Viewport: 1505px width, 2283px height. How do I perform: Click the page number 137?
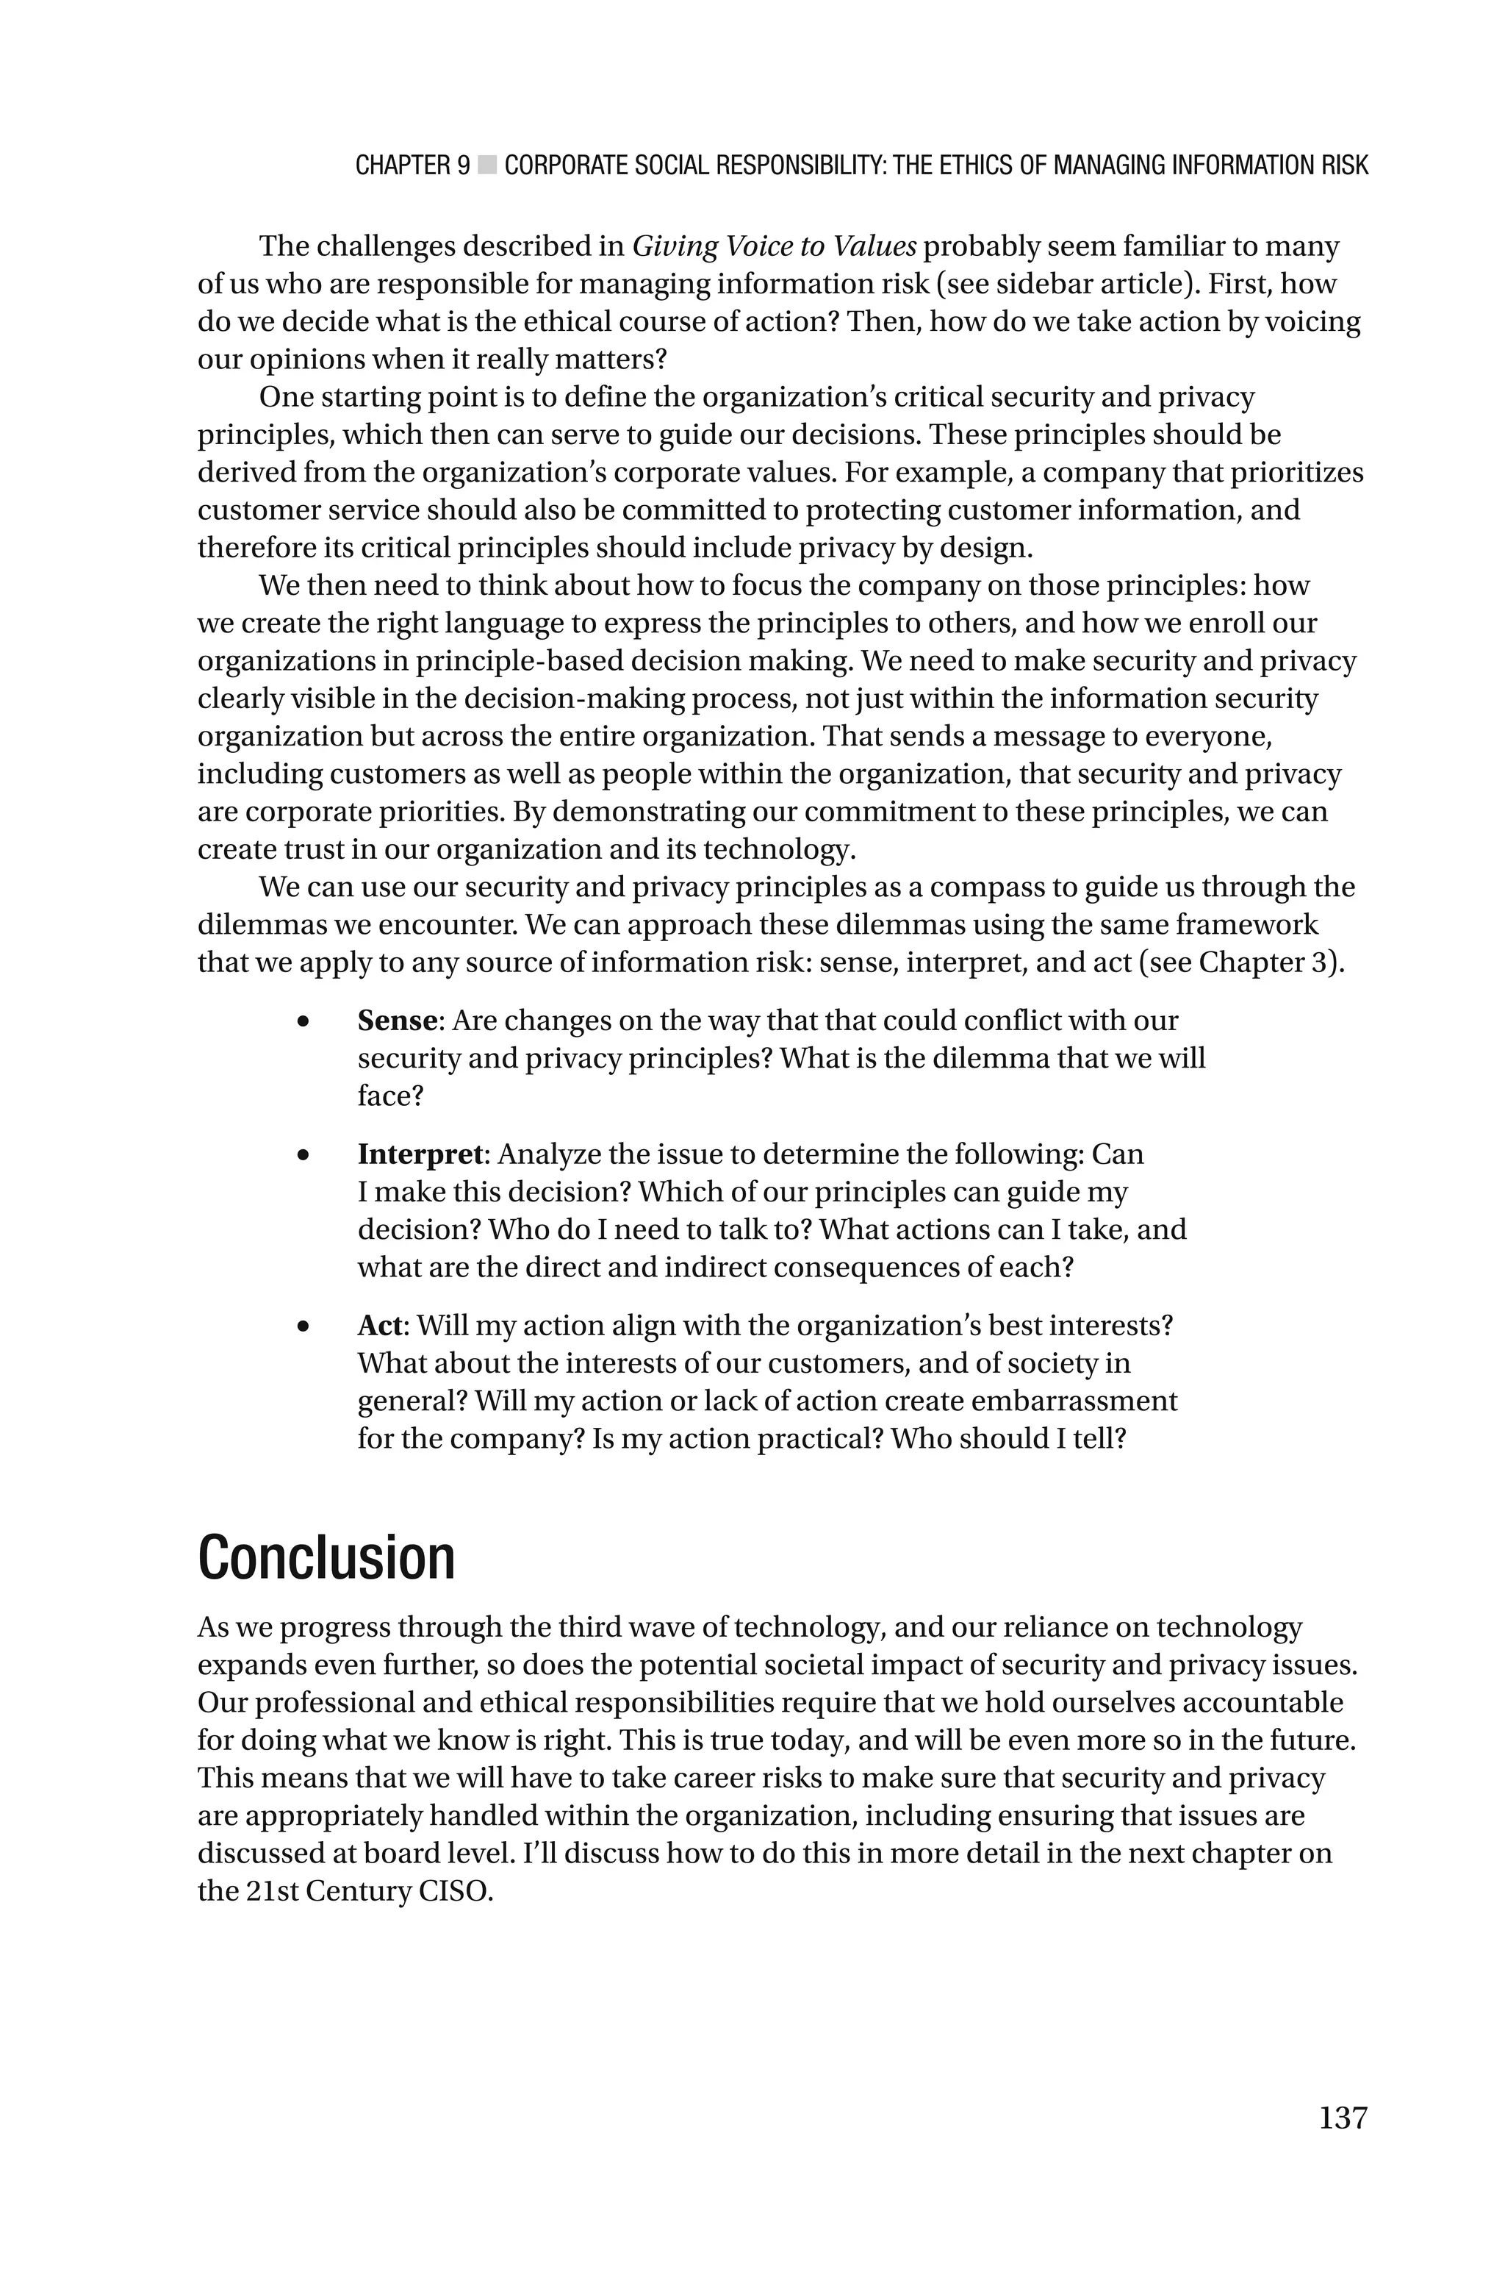[x=1342, y=2117]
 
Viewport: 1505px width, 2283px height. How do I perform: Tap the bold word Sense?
[x=396, y=1020]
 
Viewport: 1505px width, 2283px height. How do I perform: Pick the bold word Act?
[x=380, y=1325]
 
